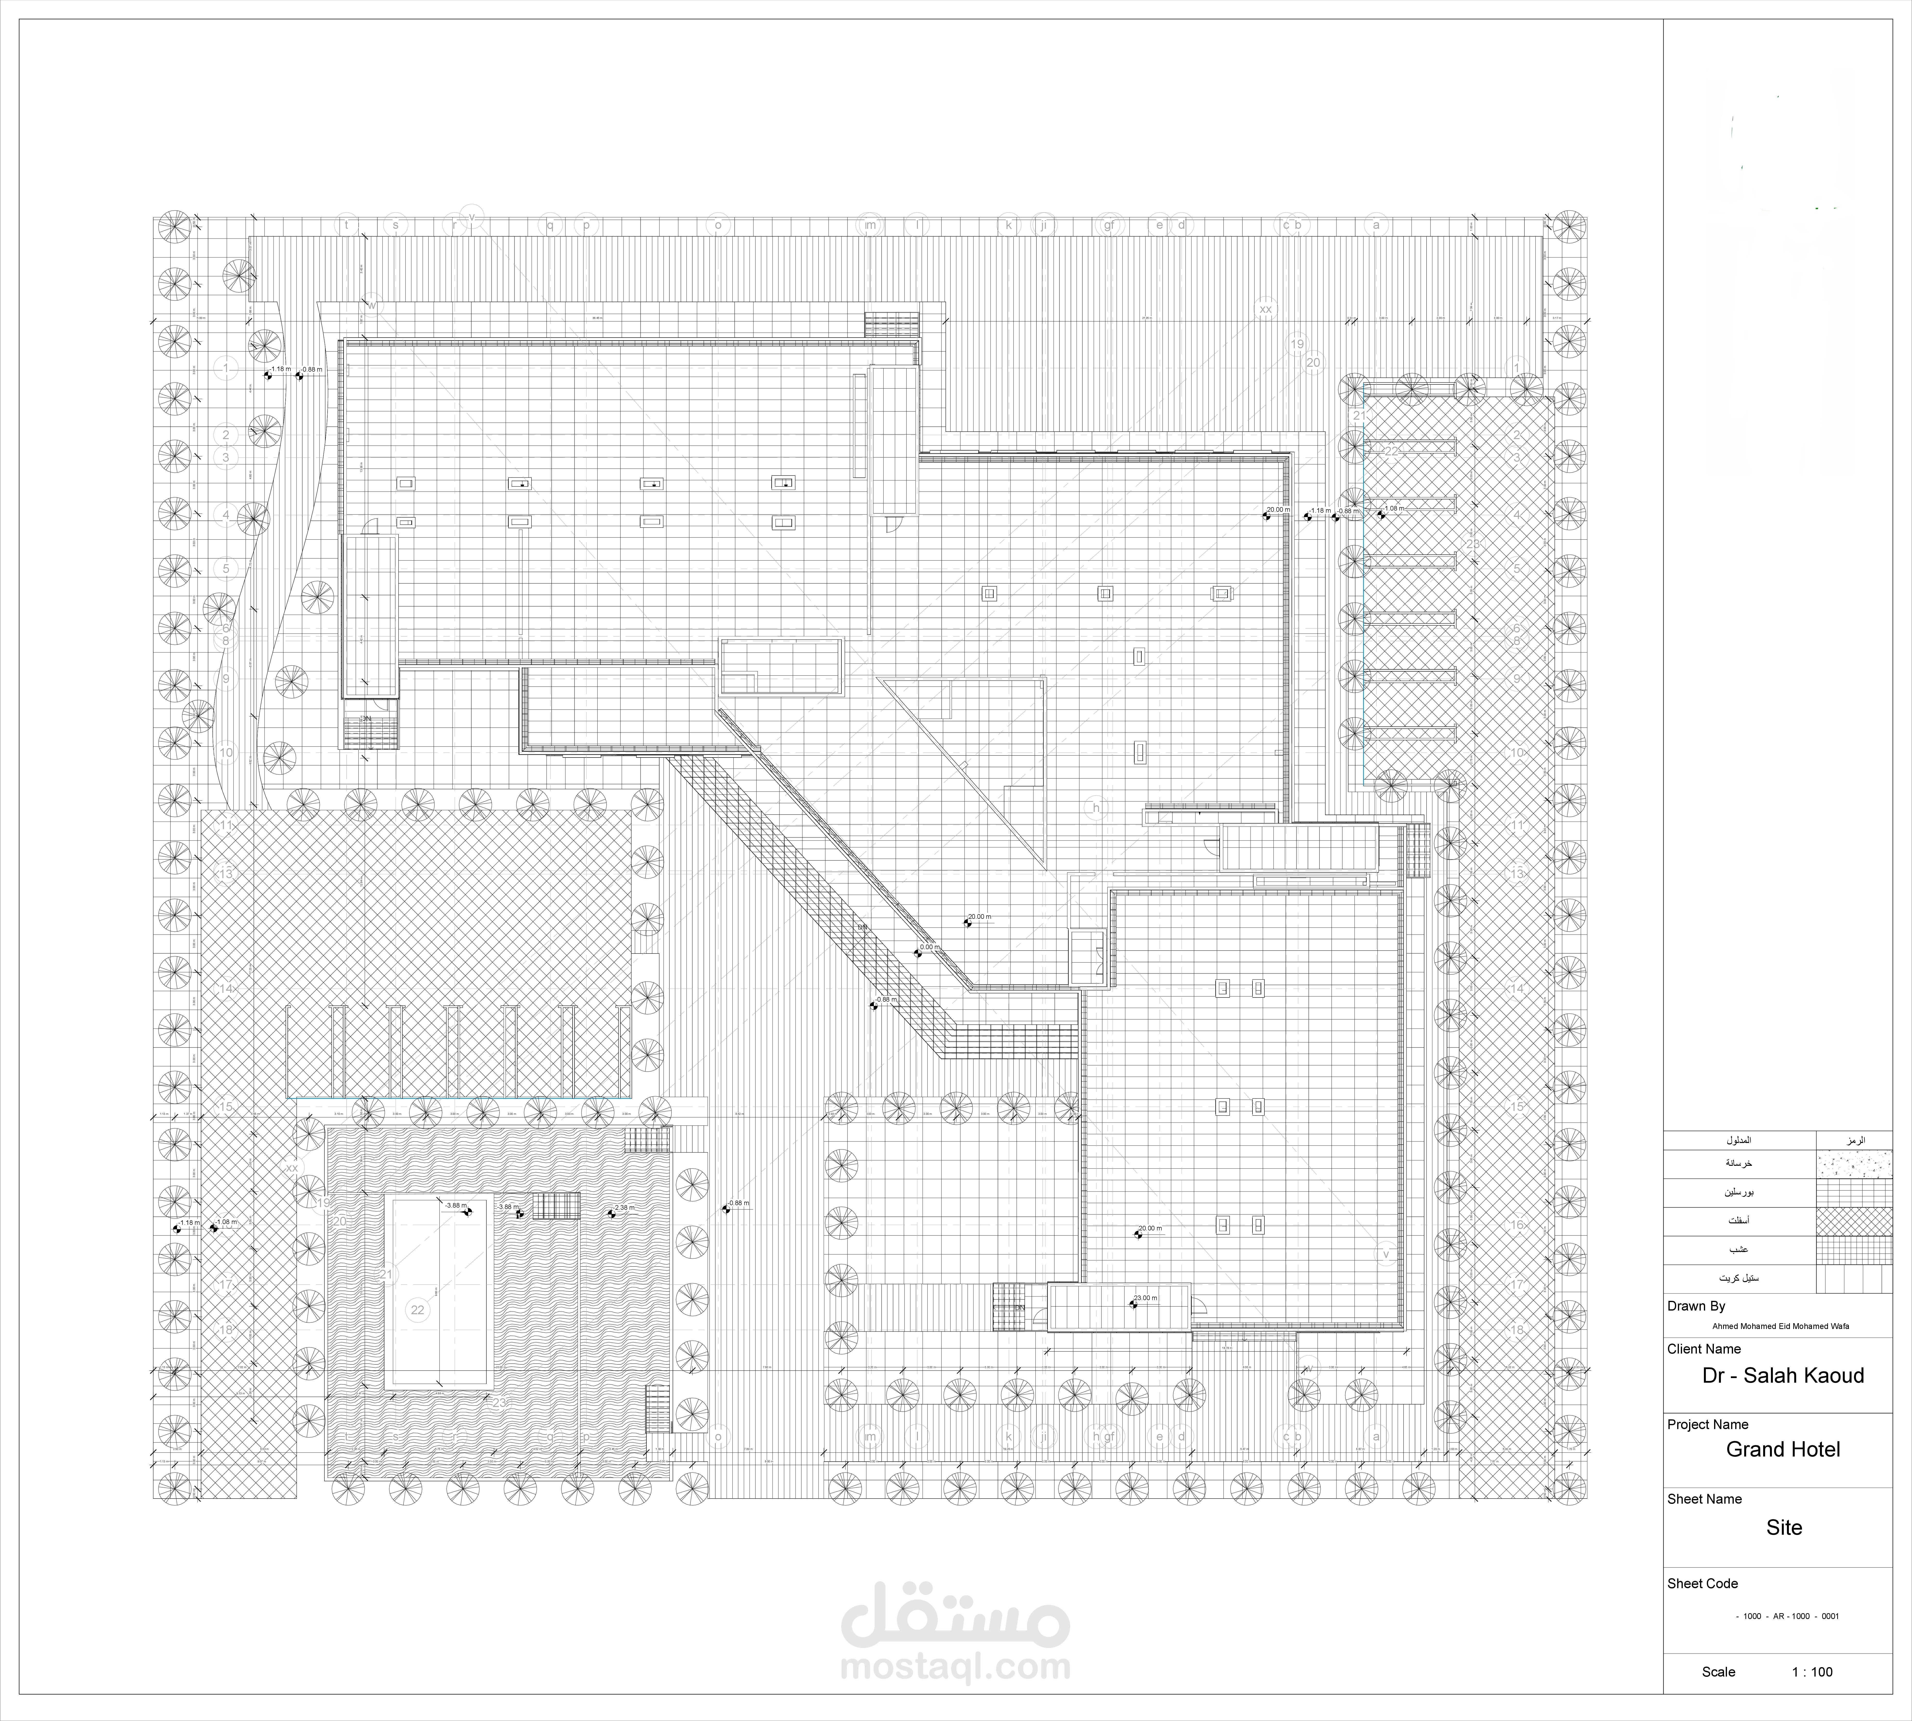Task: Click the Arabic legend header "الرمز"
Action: point(1854,1141)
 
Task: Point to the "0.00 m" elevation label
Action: point(930,946)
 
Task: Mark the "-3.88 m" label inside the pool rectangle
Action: point(456,1206)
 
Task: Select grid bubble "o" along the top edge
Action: point(718,225)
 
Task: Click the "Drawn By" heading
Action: point(1696,1306)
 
